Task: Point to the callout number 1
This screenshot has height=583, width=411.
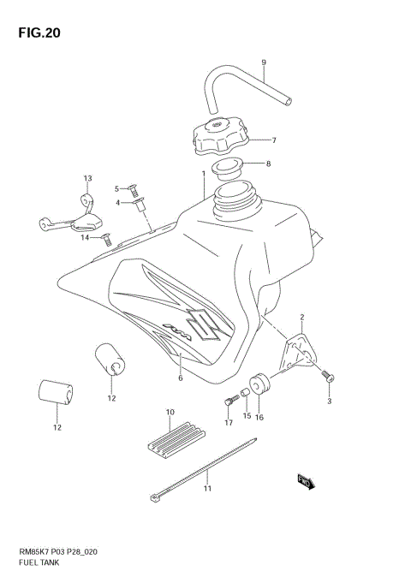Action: (x=203, y=173)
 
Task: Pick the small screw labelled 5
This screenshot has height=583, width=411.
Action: (x=133, y=188)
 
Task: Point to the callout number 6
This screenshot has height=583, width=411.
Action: (x=181, y=378)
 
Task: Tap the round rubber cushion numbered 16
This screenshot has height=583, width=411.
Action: (x=260, y=384)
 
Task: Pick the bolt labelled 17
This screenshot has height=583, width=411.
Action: (x=229, y=400)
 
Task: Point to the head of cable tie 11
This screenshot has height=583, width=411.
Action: (x=155, y=495)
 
